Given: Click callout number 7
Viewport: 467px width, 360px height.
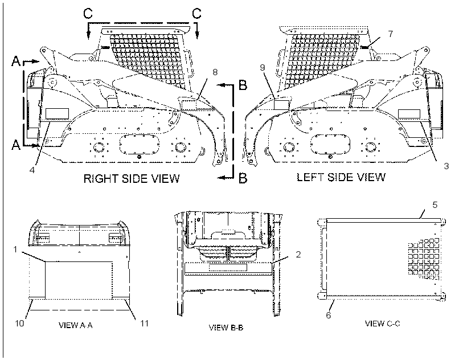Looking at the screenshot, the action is click(x=391, y=34).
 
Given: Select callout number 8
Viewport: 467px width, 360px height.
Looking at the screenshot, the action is click(x=215, y=72).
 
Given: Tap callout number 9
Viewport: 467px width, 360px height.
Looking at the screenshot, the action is click(x=262, y=68).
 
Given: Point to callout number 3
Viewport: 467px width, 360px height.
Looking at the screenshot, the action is click(x=446, y=166).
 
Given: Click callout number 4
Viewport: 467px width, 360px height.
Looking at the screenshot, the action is click(x=32, y=170).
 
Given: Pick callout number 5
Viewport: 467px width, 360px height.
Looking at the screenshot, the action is click(x=435, y=205).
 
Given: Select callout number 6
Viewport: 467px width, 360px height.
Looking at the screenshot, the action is click(x=328, y=315).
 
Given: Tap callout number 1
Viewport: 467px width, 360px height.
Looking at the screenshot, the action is click(x=15, y=249).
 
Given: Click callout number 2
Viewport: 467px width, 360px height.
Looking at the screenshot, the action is click(x=298, y=254).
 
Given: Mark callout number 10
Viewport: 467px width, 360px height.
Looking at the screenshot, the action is click(x=19, y=323).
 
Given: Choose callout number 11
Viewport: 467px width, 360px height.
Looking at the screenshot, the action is click(x=144, y=323).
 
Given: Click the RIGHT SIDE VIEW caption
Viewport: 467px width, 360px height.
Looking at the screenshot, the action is click(x=132, y=179).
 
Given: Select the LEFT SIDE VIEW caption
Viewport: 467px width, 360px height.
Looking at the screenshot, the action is click(x=341, y=178).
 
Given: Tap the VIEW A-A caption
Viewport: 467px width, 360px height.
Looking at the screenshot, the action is click(x=76, y=325).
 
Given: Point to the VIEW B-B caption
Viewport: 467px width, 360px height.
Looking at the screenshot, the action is click(x=226, y=328).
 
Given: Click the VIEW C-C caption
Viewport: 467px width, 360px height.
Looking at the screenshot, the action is click(x=383, y=323).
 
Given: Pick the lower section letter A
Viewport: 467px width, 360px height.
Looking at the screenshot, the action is click(x=16, y=145).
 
